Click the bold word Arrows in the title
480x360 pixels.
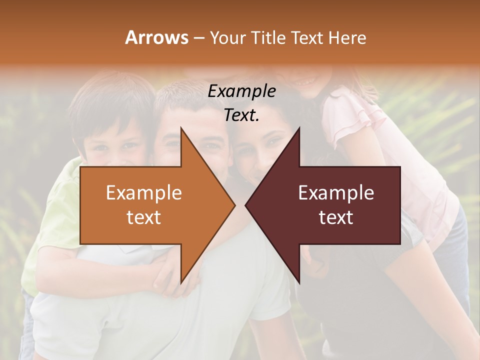pos(156,37)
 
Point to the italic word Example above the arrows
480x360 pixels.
pos(242,91)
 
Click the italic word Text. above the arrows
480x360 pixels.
pos(242,115)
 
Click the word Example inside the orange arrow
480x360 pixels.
pos(144,193)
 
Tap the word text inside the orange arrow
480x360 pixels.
pos(144,217)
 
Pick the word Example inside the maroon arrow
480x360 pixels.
pos(336,193)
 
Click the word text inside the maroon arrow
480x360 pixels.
pos(336,217)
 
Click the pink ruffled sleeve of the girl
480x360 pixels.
pos(345,122)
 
